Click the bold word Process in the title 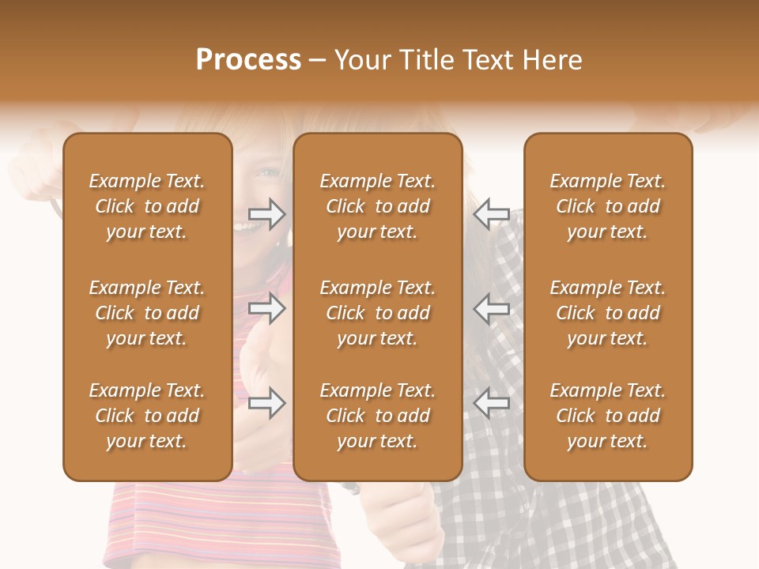pos(248,60)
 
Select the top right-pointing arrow pos(266,213)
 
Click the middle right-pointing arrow pos(266,308)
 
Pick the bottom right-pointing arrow pos(266,403)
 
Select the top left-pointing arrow pos(492,213)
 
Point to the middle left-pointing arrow pos(492,308)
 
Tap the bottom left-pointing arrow pos(492,403)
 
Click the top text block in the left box pos(147,206)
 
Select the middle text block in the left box pos(147,313)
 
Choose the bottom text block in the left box pos(147,416)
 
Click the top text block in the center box pos(378,206)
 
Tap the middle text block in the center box pos(378,313)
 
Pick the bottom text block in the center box pos(378,416)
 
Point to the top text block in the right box pos(608,206)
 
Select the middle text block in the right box pos(608,313)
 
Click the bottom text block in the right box pos(608,416)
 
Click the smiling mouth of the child pos(251,228)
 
